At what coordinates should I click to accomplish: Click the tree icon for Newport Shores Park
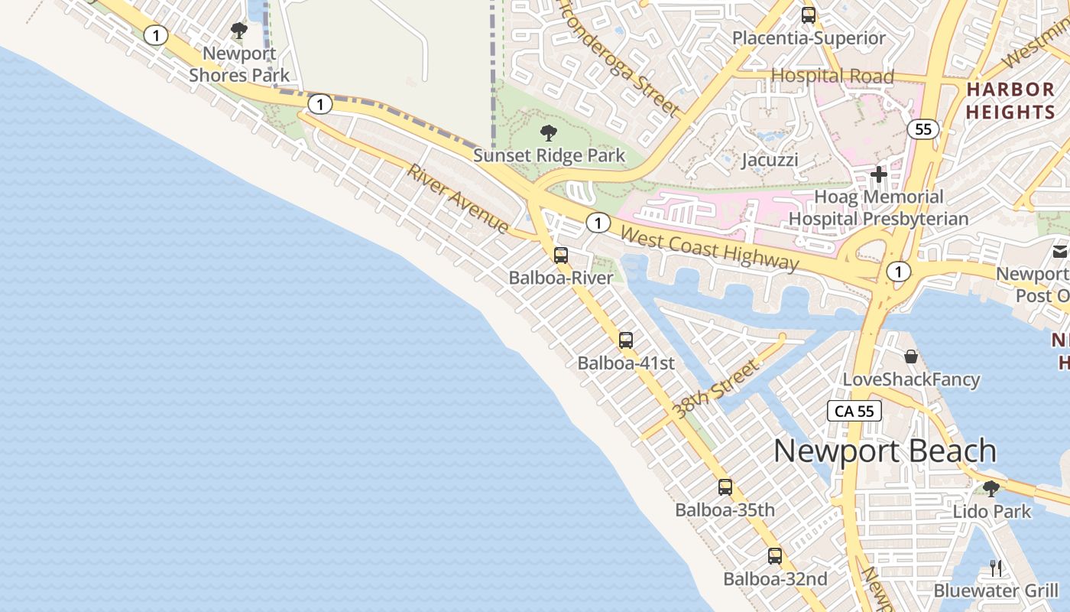point(239,31)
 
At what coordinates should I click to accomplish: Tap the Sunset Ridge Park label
point(549,155)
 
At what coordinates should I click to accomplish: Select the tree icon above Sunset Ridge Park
point(548,133)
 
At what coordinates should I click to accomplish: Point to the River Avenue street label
point(457,199)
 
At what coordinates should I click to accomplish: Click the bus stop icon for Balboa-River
point(561,256)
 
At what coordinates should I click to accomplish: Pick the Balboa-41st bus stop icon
point(626,340)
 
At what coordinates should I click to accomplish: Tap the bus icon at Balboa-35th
point(725,487)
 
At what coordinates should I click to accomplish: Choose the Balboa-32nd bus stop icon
point(775,556)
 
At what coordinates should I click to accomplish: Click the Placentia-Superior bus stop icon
point(809,15)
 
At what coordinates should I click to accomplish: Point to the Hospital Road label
point(832,76)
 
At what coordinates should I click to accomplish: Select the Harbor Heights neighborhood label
point(1010,100)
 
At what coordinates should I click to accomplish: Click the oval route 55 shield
point(923,129)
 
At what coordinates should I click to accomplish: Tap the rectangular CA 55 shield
point(854,411)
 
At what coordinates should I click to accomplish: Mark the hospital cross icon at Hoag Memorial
point(879,174)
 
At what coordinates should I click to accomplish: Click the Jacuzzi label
point(770,160)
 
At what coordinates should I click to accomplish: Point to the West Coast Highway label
point(710,249)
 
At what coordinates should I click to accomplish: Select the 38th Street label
point(715,390)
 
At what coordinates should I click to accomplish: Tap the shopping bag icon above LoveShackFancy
point(911,356)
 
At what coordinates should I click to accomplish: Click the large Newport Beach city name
point(885,451)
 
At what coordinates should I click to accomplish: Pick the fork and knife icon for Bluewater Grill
point(995,568)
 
